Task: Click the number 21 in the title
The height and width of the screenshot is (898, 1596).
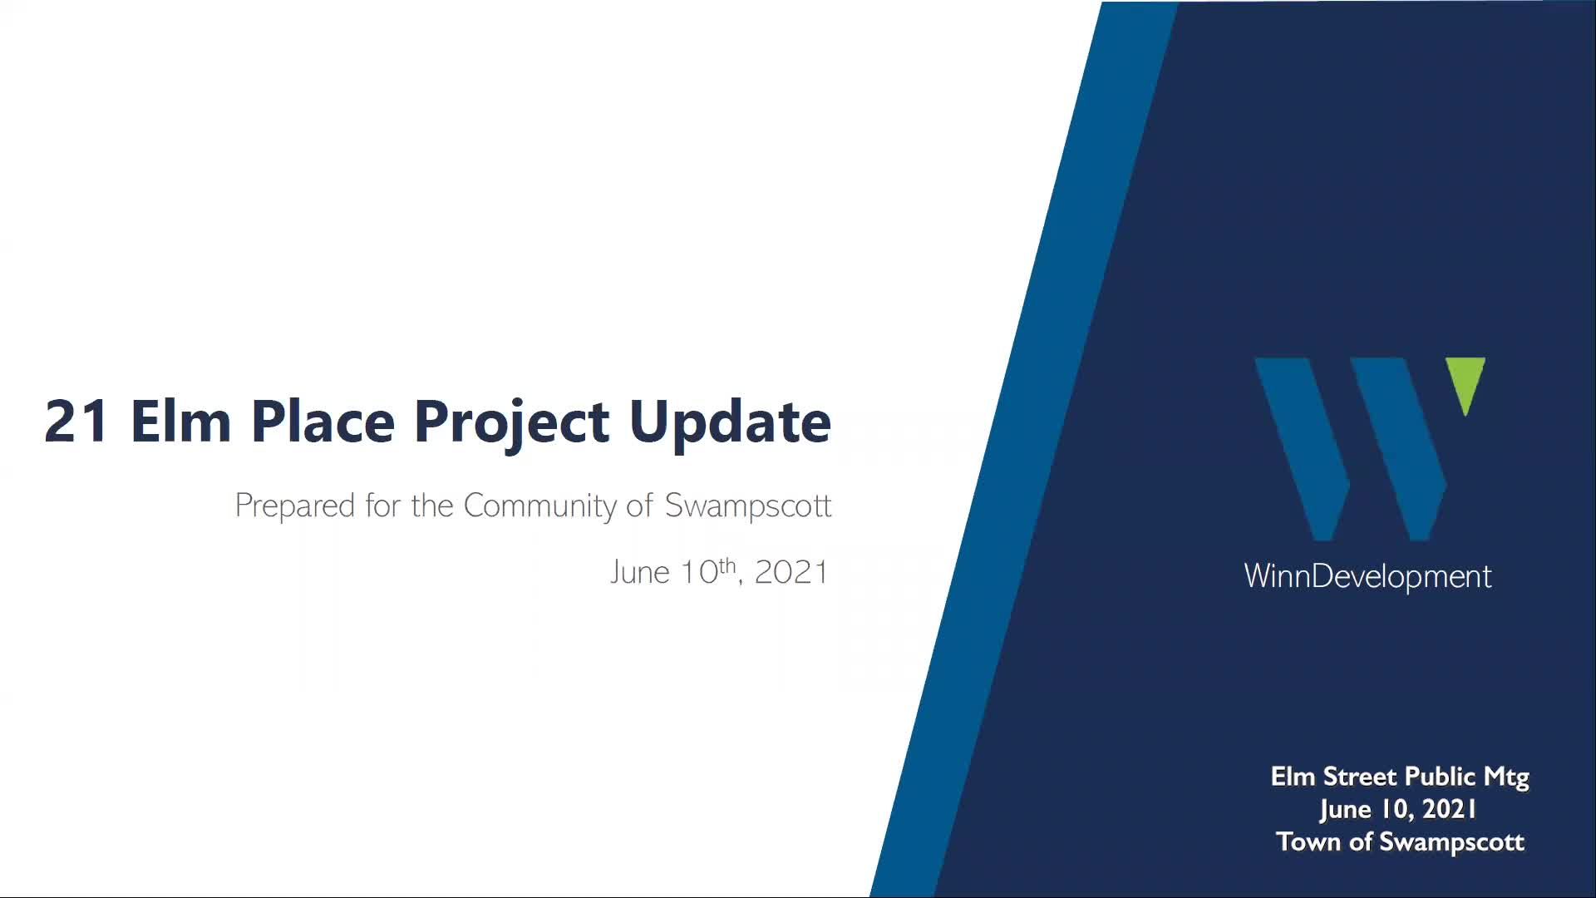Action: point(76,421)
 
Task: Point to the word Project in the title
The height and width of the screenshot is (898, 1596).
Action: point(511,424)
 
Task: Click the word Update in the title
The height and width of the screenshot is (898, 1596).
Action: point(730,422)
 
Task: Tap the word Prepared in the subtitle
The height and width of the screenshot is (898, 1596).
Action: point(294,506)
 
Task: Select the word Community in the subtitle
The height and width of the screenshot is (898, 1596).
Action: point(539,506)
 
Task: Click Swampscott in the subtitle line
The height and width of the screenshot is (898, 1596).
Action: point(748,506)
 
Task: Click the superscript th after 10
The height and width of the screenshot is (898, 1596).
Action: point(727,565)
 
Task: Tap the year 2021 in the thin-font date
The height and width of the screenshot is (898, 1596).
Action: point(791,573)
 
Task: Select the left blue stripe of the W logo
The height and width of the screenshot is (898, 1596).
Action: point(1303,449)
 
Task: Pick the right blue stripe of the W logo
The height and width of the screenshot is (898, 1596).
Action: point(1398,449)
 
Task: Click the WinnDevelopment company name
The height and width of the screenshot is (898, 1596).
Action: point(1367,576)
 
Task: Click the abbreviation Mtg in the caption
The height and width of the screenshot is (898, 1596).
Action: point(1506,778)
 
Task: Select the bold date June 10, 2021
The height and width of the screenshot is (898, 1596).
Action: point(1398,810)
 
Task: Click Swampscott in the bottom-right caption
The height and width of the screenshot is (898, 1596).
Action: point(1451,843)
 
